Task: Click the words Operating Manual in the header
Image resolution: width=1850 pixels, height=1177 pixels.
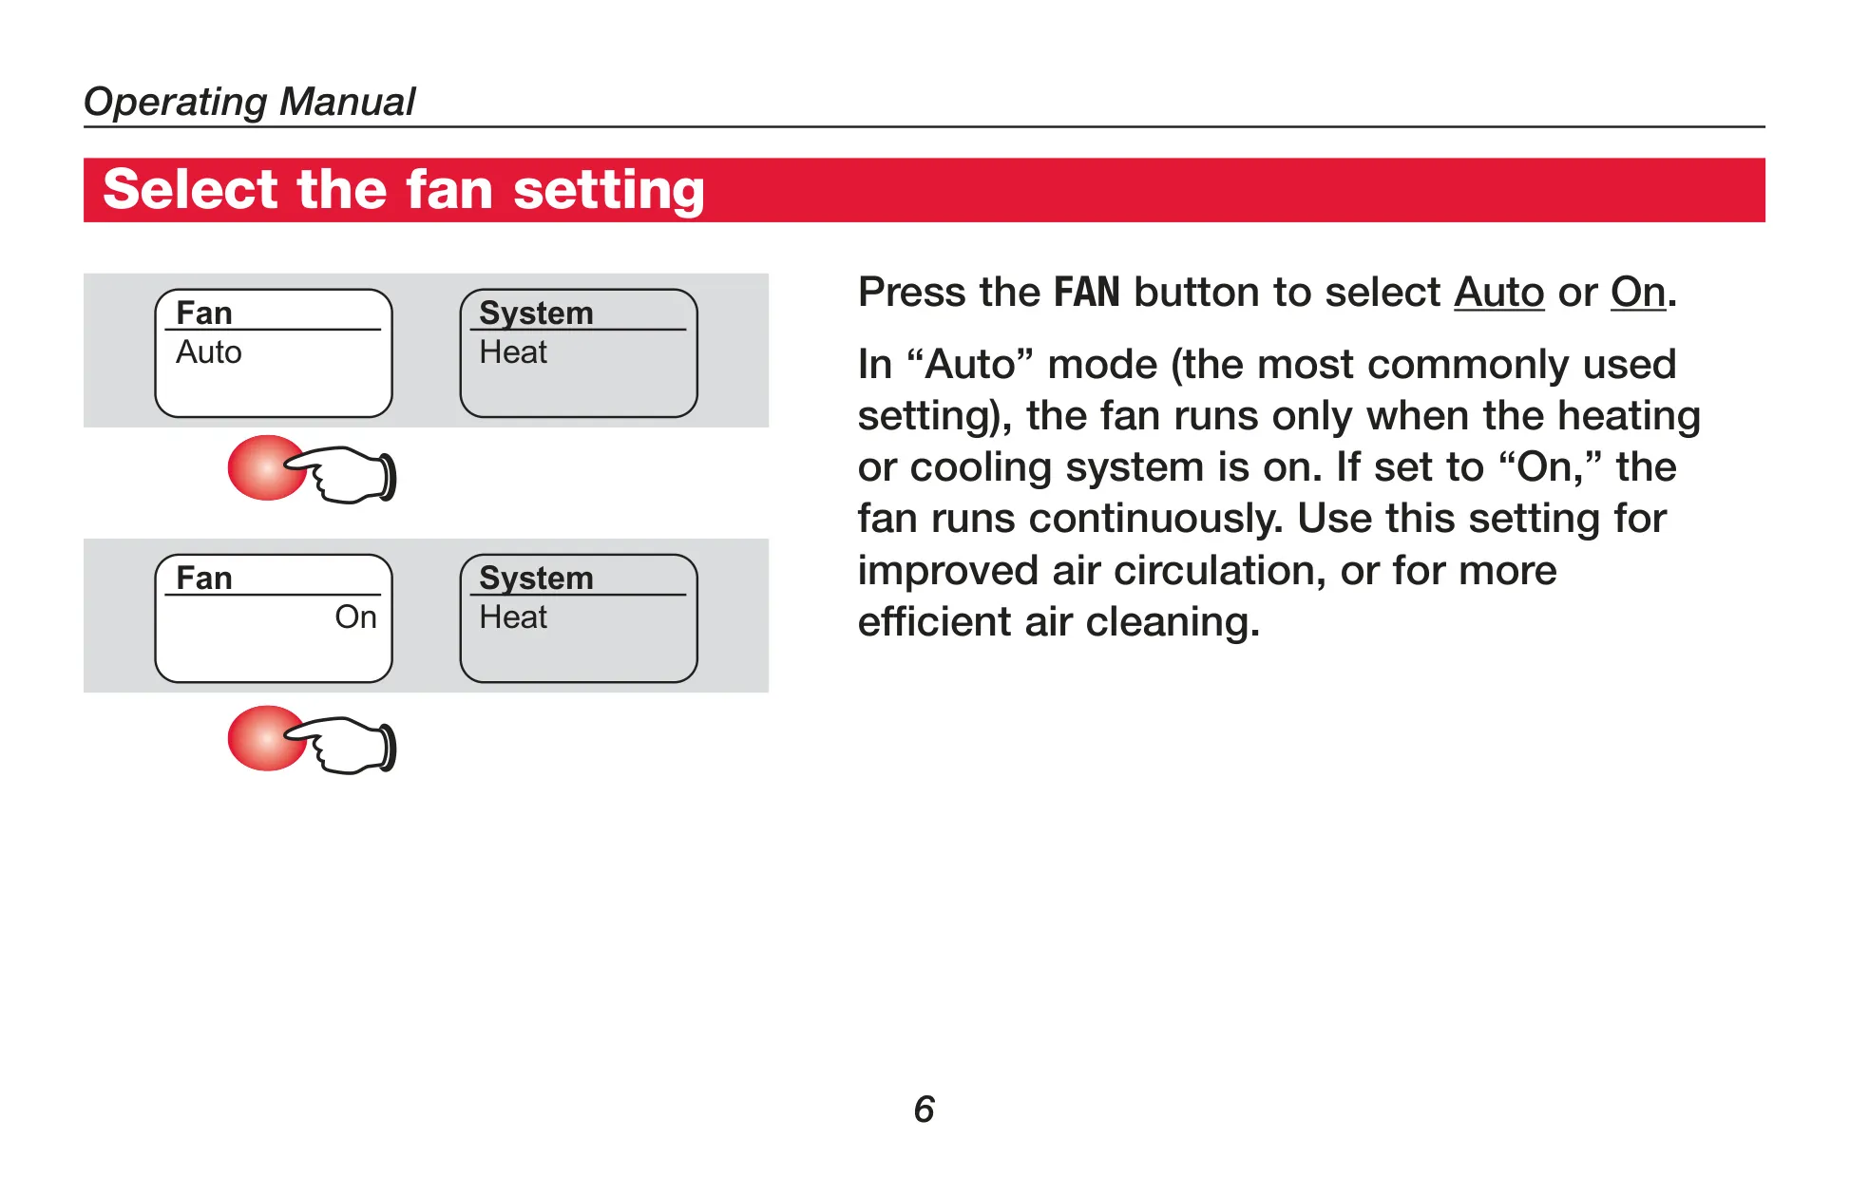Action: click(249, 102)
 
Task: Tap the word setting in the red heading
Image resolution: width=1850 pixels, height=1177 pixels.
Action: click(609, 191)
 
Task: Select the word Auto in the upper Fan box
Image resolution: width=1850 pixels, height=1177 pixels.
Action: click(209, 352)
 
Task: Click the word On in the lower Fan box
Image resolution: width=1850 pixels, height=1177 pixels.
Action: click(355, 617)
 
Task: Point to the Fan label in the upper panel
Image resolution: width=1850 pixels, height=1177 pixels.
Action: click(204, 313)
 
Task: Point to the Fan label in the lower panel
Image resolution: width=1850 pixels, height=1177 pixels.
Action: click(204, 578)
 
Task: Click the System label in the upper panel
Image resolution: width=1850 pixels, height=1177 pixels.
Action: click(536, 313)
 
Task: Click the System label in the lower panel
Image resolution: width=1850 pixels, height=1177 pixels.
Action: click(536, 579)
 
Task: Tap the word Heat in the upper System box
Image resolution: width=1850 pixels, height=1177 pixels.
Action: click(513, 352)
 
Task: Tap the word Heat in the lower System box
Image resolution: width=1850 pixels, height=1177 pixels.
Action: click(513, 617)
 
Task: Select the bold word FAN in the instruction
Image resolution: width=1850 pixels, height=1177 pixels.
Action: click(1087, 293)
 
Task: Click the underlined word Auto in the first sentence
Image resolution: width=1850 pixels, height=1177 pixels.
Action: click(1498, 293)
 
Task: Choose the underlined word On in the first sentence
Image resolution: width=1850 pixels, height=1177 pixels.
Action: click(1638, 293)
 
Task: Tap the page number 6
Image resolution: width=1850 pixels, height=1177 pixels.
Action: click(925, 1110)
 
